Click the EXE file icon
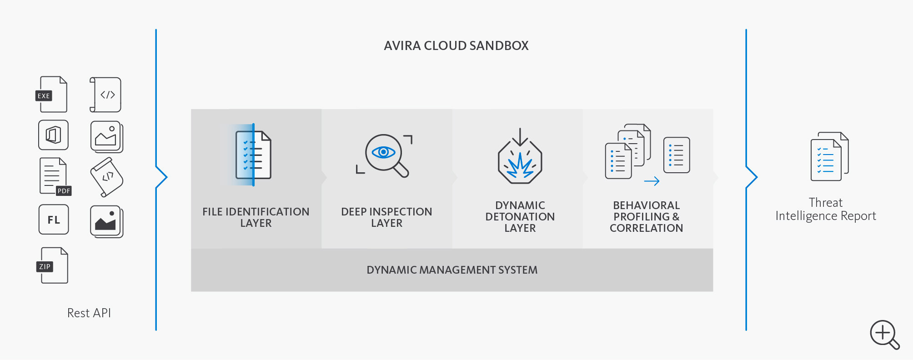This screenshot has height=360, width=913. (x=52, y=95)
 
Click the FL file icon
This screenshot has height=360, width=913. (x=54, y=220)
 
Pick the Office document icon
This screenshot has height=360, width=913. (x=53, y=135)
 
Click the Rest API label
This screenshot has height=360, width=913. (x=89, y=313)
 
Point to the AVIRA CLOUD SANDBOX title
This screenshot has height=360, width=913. (x=456, y=46)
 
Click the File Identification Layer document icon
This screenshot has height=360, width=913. (x=253, y=155)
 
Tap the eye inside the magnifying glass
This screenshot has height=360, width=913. (x=383, y=152)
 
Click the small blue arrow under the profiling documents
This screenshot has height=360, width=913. (x=652, y=182)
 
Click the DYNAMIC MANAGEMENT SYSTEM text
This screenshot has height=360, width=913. (x=452, y=270)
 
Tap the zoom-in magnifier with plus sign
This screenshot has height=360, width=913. (x=884, y=334)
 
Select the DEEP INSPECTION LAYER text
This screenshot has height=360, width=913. (x=386, y=217)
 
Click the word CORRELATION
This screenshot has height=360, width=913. (x=646, y=228)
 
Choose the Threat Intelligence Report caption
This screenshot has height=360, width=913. (x=825, y=209)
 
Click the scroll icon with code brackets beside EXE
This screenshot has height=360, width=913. (x=106, y=95)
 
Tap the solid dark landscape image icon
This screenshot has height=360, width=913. (x=106, y=221)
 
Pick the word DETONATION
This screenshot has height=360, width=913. (x=520, y=217)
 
